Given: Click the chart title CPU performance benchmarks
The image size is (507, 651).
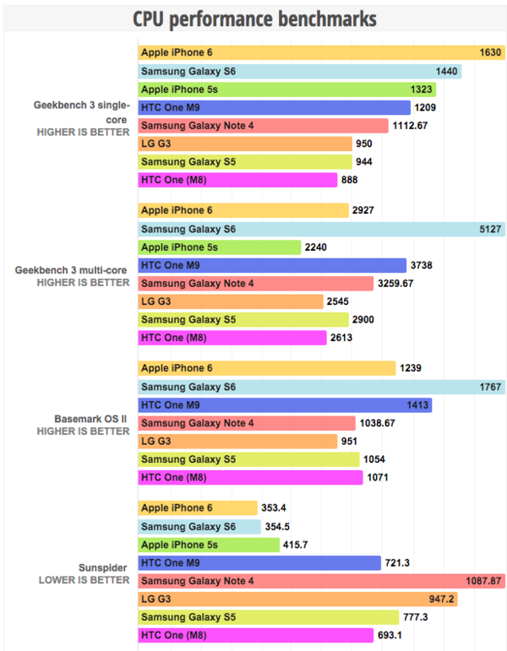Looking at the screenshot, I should pos(254,18).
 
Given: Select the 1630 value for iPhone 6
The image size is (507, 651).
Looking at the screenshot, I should pos(490,52).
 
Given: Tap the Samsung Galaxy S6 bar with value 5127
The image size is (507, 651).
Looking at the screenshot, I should pos(320,229).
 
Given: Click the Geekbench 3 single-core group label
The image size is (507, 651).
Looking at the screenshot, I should pos(82,106).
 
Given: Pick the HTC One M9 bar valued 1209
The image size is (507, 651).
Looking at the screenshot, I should pos(274,107).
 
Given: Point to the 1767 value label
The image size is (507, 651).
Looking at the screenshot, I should pos(490,387).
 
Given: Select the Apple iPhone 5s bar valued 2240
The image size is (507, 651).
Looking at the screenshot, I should pos(220,247).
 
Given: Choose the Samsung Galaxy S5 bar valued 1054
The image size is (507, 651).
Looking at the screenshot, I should pos(248,459).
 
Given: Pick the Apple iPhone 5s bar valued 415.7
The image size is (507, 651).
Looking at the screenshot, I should pos(208,545).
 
